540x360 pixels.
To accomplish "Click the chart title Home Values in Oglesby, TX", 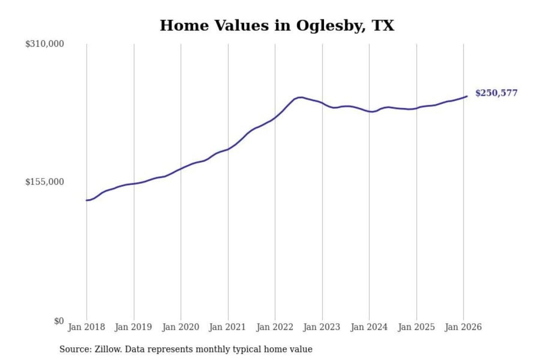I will (x=277, y=25).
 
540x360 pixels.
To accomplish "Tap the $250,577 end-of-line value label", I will (x=496, y=93).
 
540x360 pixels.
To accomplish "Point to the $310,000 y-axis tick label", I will (x=45, y=44).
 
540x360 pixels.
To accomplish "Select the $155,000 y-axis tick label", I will (x=45, y=182).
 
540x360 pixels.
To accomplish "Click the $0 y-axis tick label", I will (x=59, y=321).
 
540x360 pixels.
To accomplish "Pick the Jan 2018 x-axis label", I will (x=86, y=327).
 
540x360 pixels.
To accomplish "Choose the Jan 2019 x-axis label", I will (x=133, y=327).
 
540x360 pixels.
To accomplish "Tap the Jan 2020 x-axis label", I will (x=180, y=327).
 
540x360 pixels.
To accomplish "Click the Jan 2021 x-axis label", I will (x=227, y=327).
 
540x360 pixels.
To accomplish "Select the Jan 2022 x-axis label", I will (x=274, y=327).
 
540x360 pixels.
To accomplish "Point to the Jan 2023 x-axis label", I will (x=322, y=327).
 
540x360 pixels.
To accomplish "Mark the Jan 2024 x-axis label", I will (x=369, y=327).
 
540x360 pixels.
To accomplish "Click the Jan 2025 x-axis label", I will (x=416, y=327).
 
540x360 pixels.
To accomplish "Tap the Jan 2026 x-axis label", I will (x=463, y=327).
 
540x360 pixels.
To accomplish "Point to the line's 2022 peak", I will (x=300, y=97).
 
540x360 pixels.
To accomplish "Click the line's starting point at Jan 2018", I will (x=87, y=200).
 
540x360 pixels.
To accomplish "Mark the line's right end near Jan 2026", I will (x=467, y=96).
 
